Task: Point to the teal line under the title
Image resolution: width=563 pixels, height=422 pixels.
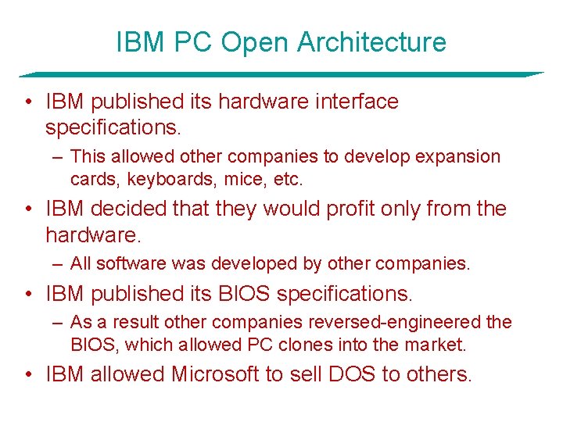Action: pyautogui.click(x=281, y=74)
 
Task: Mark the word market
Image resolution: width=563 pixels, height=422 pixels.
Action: pyautogui.click(x=432, y=344)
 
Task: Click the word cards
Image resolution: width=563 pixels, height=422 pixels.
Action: pyautogui.click(x=91, y=180)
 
